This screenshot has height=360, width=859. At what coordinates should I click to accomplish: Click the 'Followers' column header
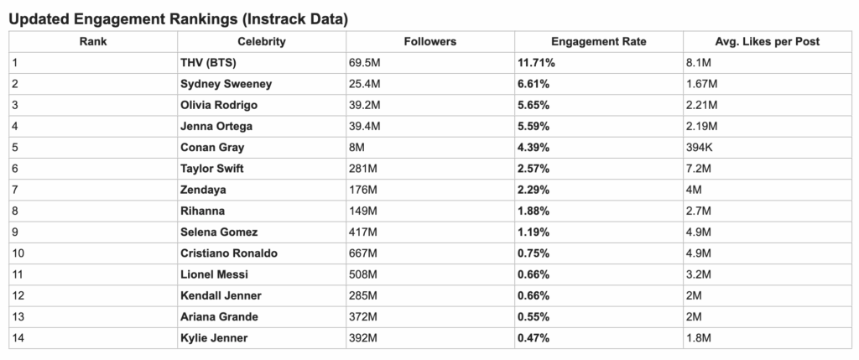(429, 41)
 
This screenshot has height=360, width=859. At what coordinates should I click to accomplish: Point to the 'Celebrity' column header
(261, 41)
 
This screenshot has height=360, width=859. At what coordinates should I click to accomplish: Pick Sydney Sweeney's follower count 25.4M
(364, 84)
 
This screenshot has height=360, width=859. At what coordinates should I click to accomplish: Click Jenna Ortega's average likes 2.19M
(703, 127)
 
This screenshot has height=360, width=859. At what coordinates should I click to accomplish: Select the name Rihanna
(202, 211)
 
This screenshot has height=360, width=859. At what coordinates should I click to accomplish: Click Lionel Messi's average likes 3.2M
(699, 274)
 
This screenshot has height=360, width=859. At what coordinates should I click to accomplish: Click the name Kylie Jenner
(213, 337)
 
